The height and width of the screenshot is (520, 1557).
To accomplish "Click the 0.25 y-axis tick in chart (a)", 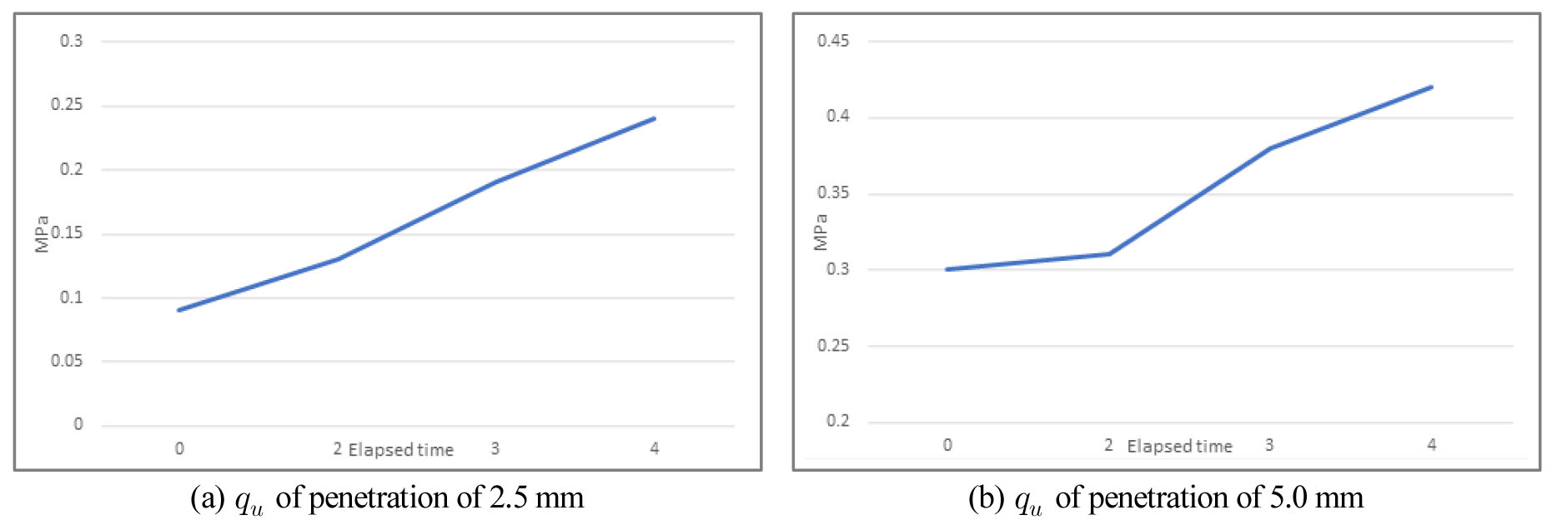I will (x=67, y=104).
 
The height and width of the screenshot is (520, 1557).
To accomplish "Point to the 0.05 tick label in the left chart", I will (x=67, y=361).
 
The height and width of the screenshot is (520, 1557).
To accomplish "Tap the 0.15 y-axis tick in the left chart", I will (x=67, y=232).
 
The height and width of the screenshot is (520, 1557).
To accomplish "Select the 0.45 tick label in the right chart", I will (x=833, y=40).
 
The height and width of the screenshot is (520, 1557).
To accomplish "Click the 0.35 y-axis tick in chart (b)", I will (x=833, y=192).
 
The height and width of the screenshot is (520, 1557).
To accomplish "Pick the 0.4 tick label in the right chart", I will (x=837, y=116).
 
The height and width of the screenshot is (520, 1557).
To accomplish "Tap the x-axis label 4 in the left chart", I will (x=655, y=448).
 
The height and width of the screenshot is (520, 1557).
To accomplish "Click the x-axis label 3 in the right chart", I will (x=1269, y=445).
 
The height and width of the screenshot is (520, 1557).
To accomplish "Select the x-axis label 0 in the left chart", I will (x=179, y=448).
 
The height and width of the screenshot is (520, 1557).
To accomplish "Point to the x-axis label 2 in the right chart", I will (x=1108, y=445).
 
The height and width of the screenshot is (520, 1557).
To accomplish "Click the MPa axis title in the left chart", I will (x=42, y=233).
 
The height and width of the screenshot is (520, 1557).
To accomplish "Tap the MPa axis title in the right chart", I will (x=821, y=232).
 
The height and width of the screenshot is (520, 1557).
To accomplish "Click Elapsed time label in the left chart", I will (x=400, y=450).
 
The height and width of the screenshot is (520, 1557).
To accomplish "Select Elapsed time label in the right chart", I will (x=1179, y=447).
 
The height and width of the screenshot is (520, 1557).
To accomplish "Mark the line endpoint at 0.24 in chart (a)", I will (x=655, y=118).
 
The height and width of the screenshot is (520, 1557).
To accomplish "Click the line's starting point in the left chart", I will (x=179, y=310).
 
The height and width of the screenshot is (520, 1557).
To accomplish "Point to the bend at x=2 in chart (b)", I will (x=1108, y=253).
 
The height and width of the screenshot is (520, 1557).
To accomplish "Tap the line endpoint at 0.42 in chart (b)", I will (x=1431, y=87).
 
